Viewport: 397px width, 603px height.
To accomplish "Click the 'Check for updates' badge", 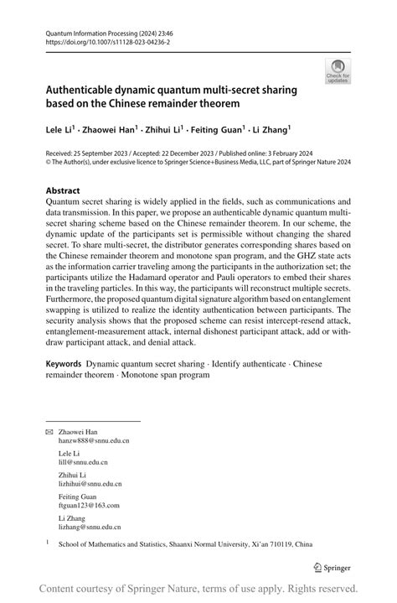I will (338, 70).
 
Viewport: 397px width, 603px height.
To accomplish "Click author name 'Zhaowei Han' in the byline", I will (112, 130).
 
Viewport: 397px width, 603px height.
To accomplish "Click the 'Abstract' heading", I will (64, 190).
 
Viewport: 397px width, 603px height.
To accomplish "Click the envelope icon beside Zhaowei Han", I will (49, 430).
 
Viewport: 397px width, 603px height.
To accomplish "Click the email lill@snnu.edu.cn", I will (83, 462).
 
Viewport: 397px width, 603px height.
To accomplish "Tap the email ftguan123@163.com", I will (89, 506).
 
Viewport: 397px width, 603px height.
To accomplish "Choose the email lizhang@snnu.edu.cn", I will (89, 528).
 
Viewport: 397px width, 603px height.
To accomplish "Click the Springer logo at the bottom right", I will (332, 566).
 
